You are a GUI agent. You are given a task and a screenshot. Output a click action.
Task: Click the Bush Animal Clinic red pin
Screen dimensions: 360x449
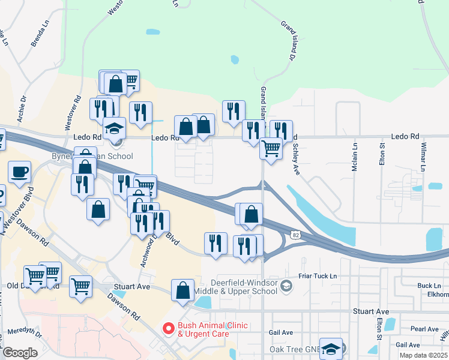tap(169, 329)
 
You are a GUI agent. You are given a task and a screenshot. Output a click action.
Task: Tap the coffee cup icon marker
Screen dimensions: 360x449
tap(19, 172)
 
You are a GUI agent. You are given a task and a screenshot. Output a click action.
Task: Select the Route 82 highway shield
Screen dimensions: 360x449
tap(292, 232)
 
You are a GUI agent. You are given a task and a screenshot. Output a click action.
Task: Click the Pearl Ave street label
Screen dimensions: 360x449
tap(424, 329)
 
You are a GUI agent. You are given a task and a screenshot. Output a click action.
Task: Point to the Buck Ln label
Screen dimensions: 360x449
tap(429, 286)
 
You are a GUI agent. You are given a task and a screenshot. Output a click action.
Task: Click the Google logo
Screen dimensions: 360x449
tap(20, 352)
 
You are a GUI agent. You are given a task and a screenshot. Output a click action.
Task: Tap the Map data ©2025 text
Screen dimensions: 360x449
tap(424, 355)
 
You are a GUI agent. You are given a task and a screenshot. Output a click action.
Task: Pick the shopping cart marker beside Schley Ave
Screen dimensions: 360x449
tap(271, 147)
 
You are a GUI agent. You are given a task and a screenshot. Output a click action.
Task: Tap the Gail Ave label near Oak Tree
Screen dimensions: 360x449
tap(281, 332)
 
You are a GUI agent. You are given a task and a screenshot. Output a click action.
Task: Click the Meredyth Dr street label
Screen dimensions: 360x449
tap(23, 331)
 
